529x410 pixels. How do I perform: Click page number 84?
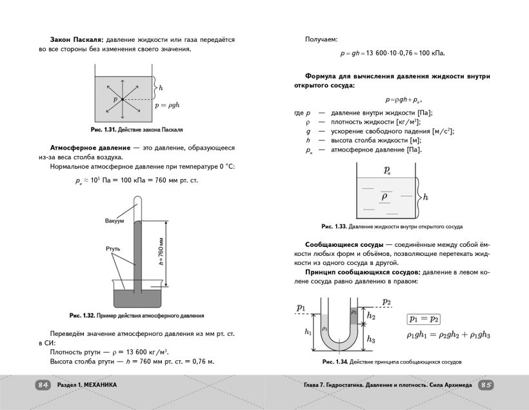(43, 385)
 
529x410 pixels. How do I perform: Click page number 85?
(486, 385)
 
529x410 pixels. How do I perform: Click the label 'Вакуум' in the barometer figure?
(114, 221)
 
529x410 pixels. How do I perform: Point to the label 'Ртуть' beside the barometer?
(113, 248)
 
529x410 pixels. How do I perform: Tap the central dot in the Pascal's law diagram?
(122, 99)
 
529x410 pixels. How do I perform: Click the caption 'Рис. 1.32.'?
(82, 316)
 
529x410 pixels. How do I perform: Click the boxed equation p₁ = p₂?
(423, 319)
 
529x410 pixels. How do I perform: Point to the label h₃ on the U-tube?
(370, 339)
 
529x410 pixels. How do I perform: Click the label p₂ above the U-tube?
(386, 301)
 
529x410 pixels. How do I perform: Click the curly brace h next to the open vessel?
(421, 195)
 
